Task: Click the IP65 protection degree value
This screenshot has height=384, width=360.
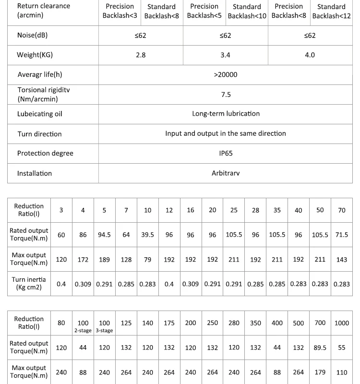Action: [x=226, y=154]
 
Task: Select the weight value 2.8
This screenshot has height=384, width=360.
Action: [x=141, y=55]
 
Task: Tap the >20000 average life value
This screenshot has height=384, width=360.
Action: [x=226, y=75]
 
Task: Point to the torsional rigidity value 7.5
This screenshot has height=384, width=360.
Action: [x=226, y=95]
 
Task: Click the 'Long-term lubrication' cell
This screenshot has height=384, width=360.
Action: [x=226, y=114]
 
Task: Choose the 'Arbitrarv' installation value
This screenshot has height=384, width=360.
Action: [x=226, y=173]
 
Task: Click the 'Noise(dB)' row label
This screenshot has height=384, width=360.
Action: [x=33, y=36]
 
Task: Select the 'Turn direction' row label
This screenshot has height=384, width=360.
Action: [x=39, y=134]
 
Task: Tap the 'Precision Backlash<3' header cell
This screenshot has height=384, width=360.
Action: [x=120, y=11]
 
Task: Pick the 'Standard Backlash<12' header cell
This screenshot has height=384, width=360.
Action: [x=331, y=11]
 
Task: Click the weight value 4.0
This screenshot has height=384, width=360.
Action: [x=310, y=55]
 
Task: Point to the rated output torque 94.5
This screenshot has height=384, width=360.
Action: [x=104, y=235]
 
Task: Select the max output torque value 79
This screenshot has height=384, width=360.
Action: [x=147, y=260]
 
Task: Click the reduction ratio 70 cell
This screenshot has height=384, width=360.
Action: [x=342, y=210]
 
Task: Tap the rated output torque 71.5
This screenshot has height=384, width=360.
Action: [x=342, y=235]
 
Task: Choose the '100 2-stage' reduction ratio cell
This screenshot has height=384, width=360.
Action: [x=83, y=326]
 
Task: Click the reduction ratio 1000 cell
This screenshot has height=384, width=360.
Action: [x=342, y=323]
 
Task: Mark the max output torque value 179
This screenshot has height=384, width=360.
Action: [x=320, y=372]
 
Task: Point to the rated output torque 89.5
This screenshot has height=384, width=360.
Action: [x=320, y=348]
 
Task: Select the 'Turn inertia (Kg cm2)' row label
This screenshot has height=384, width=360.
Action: [x=29, y=284]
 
